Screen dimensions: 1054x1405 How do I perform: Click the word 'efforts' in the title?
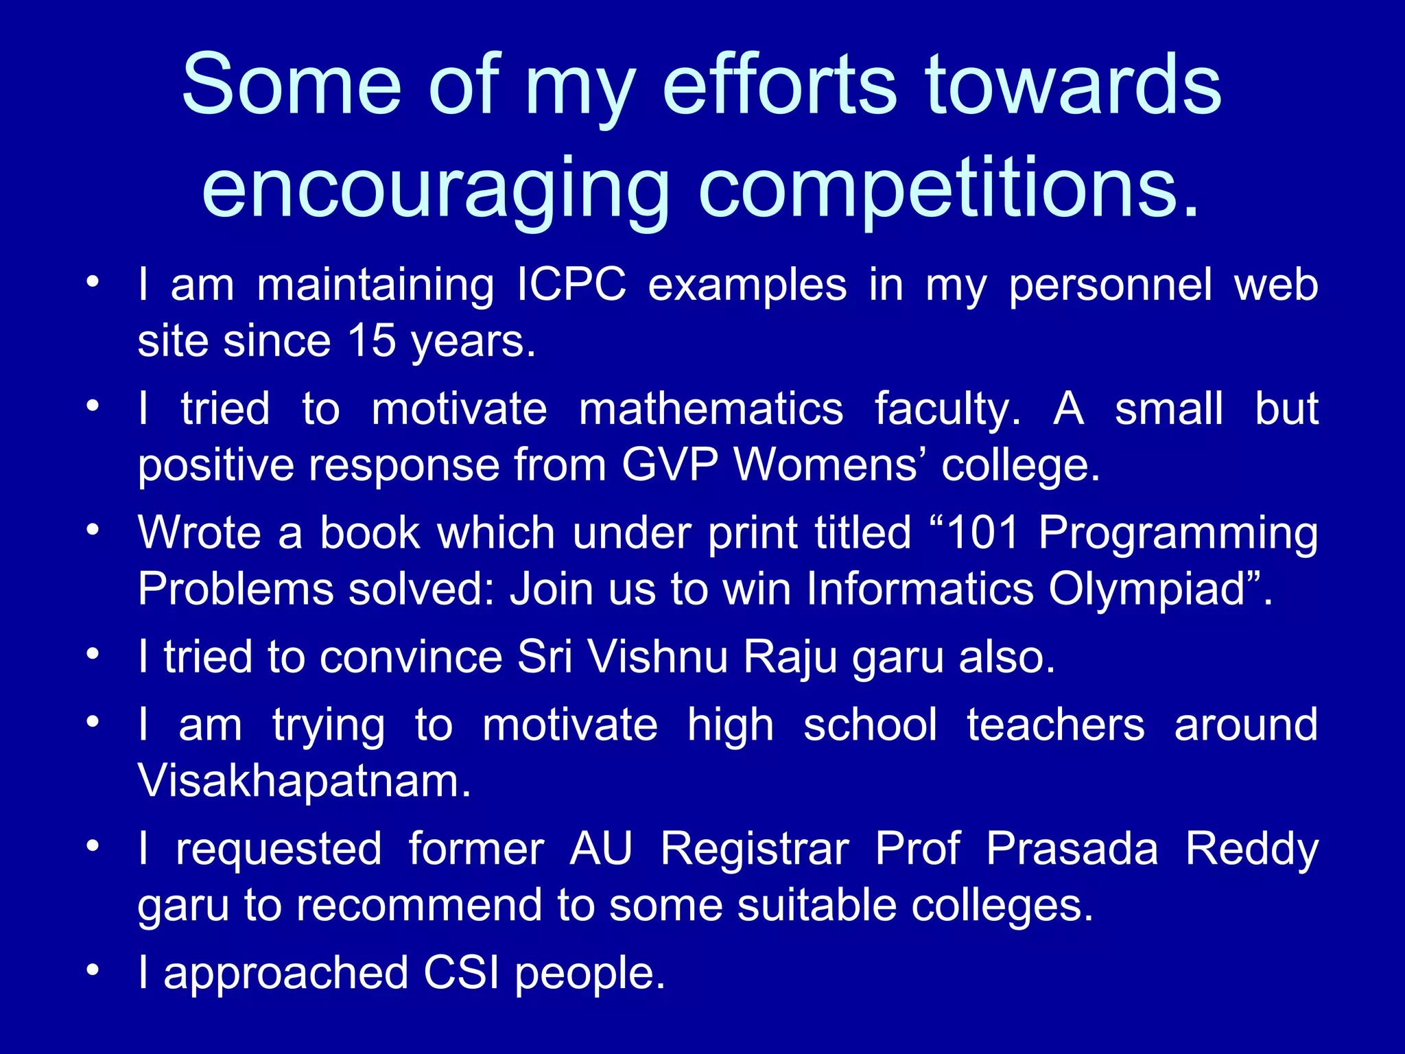click(x=779, y=85)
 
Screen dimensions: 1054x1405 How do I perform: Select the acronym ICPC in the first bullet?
click(x=571, y=285)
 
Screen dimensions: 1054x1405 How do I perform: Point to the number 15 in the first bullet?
click(x=371, y=340)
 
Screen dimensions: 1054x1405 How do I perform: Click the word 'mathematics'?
click(x=711, y=409)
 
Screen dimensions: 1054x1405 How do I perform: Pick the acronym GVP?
click(x=670, y=465)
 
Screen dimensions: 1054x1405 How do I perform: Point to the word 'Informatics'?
click(x=919, y=589)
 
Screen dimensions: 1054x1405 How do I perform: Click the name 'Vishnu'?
click(x=657, y=657)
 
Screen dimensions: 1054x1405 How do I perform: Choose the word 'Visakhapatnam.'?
click(x=304, y=781)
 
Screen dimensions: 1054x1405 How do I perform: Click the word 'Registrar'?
click(x=755, y=849)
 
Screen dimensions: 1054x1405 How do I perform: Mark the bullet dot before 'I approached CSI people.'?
click(x=93, y=970)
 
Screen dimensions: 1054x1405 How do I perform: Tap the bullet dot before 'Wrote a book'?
click(x=93, y=530)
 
